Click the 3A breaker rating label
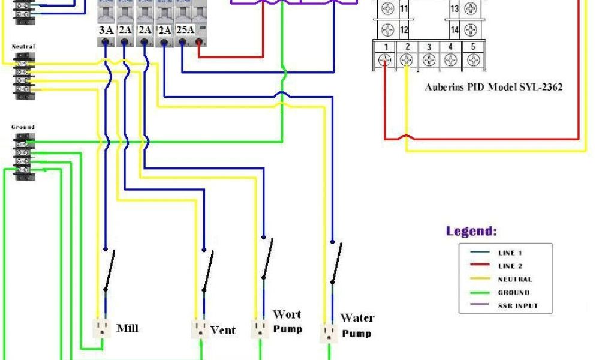tap(106, 30)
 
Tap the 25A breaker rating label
tap(185, 30)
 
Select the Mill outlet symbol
tap(101, 328)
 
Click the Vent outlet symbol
tap(200, 329)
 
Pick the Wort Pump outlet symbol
tap(260, 329)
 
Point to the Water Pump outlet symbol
tap(327, 332)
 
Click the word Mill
tap(127, 328)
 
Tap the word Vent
tap(223, 330)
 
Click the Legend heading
tap(471, 231)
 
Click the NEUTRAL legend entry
tap(514, 279)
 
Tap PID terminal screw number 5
tap(473, 60)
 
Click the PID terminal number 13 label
tap(455, 8)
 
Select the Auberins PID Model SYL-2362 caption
tap(493, 88)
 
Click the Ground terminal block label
tap(23, 127)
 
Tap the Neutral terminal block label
tap(23, 47)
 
